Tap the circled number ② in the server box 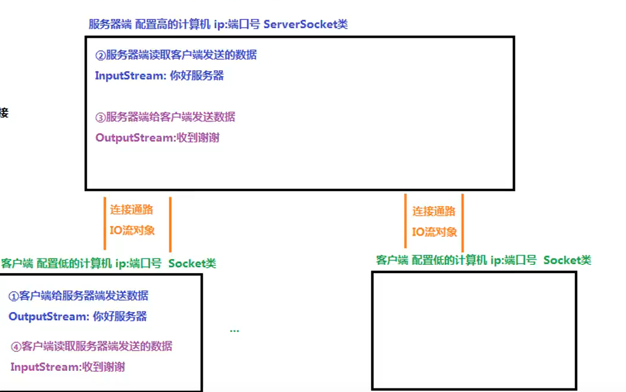[x=100, y=55]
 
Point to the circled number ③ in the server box [x=100, y=117]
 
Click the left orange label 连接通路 [x=131, y=210]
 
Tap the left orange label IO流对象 [x=132, y=230]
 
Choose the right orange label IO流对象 [x=434, y=232]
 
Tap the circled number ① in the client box [x=14, y=296]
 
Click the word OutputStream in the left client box [x=48, y=317]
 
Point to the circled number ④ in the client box [x=16, y=346]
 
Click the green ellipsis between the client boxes [x=234, y=331]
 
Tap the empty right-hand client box [x=474, y=330]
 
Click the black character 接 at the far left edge [x=4, y=113]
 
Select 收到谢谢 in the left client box [x=104, y=367]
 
